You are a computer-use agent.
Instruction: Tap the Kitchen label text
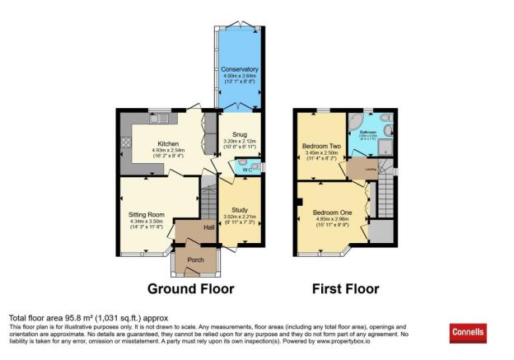[164, 142]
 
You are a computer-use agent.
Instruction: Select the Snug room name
[240, 134]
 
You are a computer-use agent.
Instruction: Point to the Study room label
[241, 208]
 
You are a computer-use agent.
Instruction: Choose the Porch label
[196, 259]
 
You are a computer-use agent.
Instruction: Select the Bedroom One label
[329, 212]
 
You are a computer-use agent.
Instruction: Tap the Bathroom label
[367, 133]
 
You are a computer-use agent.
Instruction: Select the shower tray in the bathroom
[388, 150]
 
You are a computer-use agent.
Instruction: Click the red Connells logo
[468, 333]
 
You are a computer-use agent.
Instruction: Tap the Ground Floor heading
[190, 289]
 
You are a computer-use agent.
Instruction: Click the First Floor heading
[345, 289]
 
